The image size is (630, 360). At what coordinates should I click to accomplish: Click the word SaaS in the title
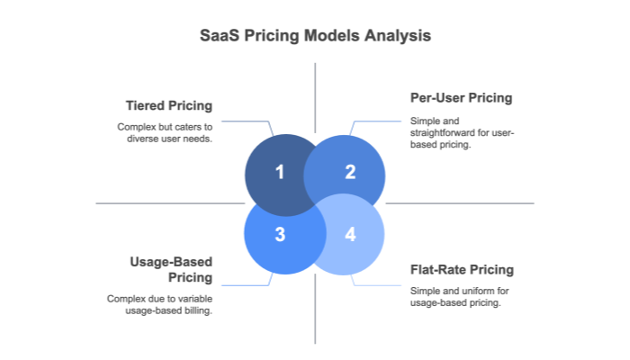coord(219,37)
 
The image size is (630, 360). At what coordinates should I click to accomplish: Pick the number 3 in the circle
coord(279,235)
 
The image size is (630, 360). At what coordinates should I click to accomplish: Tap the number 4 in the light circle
coord(350,235)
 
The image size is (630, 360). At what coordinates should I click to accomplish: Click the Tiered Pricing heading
coord(171,106)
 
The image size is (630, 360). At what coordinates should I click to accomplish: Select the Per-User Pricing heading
coord(461,98)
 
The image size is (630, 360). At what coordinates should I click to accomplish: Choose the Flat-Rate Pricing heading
coord(462,269)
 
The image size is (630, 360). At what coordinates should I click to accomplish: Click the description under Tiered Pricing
coord(165,131)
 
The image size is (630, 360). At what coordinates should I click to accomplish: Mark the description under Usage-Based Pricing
coord(160,304)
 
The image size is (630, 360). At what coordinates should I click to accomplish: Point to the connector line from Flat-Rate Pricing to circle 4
coord(378,284)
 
